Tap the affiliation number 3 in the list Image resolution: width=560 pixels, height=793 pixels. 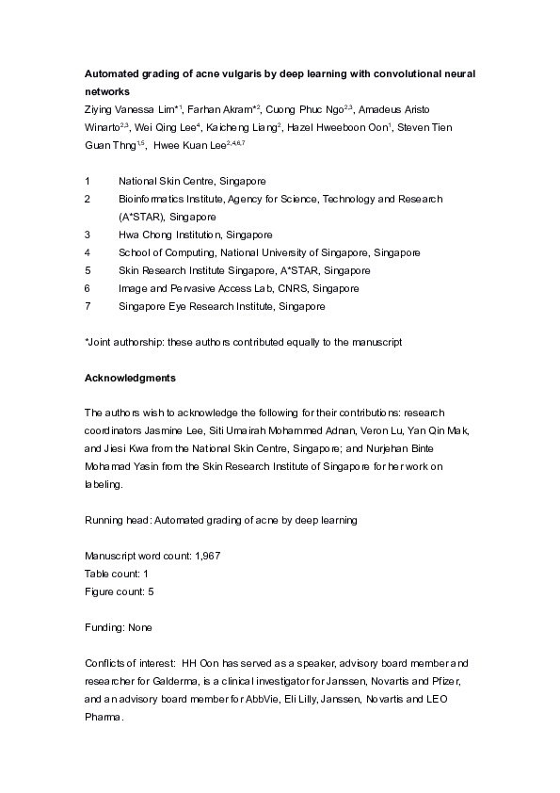click(88, 235)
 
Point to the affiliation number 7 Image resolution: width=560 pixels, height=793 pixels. click(88, 306)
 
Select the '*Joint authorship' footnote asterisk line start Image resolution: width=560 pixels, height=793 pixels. click(88, 342)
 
